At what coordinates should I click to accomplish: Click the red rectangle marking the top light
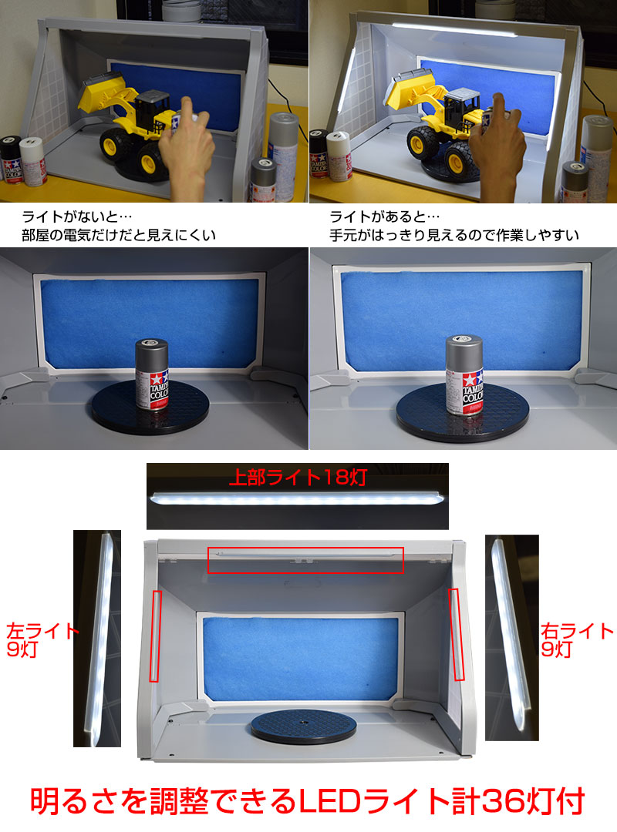(x=305, y=560)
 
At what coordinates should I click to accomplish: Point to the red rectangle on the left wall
(x=155, y=636)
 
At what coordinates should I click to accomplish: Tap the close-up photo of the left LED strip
(x=99, y=639)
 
